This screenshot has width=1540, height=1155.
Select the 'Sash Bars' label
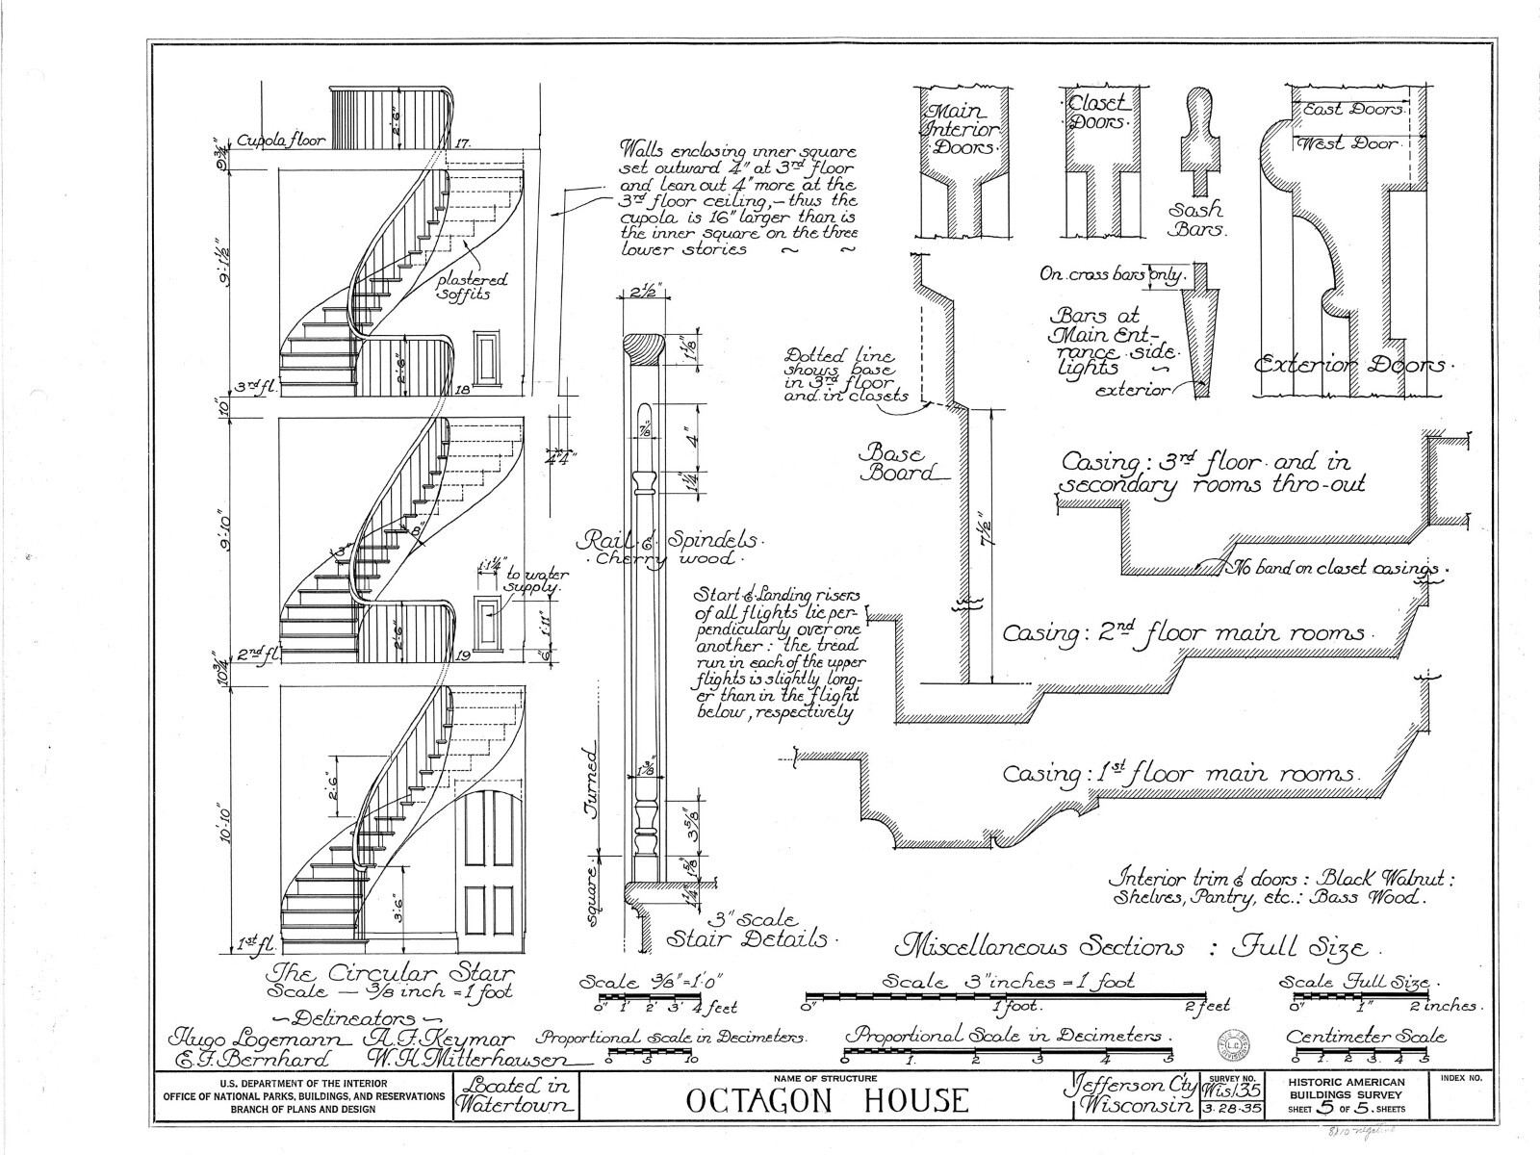1196,219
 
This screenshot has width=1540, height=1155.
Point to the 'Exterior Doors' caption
1347,366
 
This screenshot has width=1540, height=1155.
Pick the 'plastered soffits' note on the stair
473,287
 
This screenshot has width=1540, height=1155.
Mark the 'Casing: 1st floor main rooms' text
1180,774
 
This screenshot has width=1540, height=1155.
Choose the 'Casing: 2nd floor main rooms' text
1184,634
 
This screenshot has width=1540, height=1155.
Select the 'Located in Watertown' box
516,1097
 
